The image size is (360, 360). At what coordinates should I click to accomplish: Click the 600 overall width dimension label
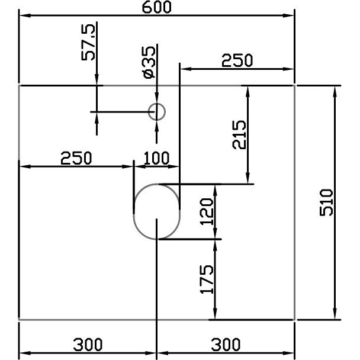pyautogui.click(x=156, y=7)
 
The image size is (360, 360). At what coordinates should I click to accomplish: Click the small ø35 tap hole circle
pyautogui.click(x=156, y=111)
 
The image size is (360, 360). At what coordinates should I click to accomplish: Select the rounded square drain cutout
pyautogui.click(x=157, y=211)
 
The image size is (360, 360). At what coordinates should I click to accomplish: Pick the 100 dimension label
pyautogui.click(x=157, y=159)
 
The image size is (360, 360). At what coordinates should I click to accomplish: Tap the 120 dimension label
pyautogui.click(x=206, y=211)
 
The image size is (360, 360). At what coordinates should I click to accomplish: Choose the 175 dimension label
pyautogui.click(x=206, y=279)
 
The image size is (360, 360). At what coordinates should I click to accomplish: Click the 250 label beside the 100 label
pyautogui.click(x=76, y=159)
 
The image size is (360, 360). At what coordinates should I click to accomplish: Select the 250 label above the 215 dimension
pyautogui.click(x=237, y=60)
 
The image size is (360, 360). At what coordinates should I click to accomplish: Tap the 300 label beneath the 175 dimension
pyautogui.click(x=225, y=344)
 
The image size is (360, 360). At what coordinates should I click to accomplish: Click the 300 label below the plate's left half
pyautogui.click(x=88, y=344)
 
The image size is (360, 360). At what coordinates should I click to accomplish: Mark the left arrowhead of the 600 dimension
pyautogui.click(x=24, y=16)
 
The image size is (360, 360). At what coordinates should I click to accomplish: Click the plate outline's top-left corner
pyautogui.click(x=20, y=86)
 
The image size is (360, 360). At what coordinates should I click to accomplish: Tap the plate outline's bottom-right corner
pyautogui.click(x=295, y=320)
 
